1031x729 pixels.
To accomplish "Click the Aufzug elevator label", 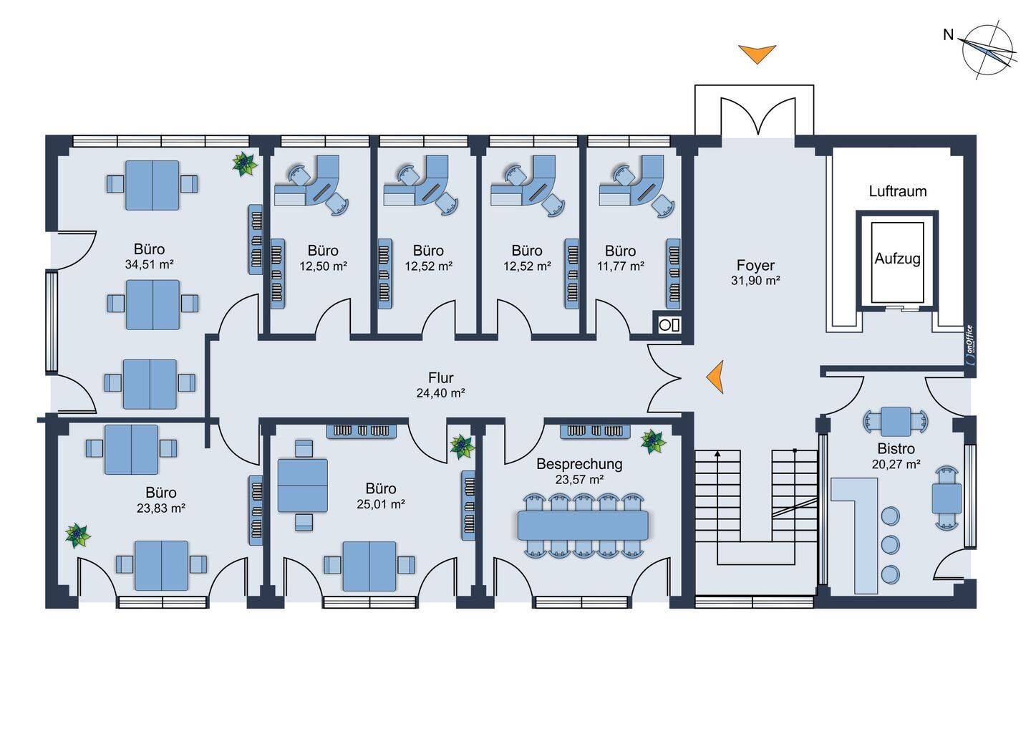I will [897, 259].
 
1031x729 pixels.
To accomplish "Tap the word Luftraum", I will [897, 191].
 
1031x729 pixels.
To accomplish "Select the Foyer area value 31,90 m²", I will [755, 281].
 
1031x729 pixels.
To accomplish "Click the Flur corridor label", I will [440, 377].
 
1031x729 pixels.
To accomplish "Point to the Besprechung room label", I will [579, 464].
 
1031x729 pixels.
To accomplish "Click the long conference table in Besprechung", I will [583, 526].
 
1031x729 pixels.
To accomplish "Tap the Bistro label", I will [896, 449].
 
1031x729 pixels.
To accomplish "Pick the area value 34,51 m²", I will [149, 264].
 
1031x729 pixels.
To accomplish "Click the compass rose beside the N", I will [989, 49].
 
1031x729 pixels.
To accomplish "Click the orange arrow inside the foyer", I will [715, 377].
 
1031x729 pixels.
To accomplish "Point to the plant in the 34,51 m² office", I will [245, 164].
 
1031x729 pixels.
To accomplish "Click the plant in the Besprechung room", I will [653, 440].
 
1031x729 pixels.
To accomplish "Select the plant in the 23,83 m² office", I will [77, 535].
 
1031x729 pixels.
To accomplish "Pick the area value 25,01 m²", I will [380, 504].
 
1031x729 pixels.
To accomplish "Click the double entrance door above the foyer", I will [757, 117].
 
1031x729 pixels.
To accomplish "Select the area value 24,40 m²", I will [440, 392].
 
